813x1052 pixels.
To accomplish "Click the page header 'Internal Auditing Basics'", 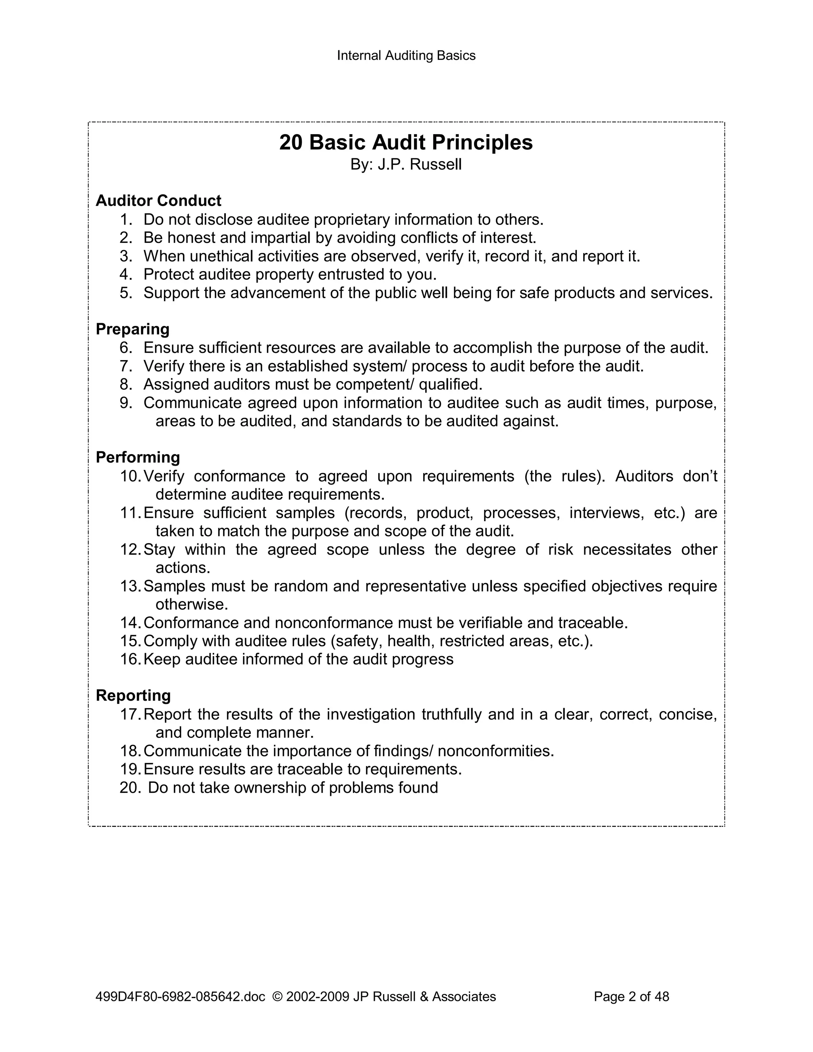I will pos(406,56).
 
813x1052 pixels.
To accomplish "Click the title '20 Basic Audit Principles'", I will pos(406,143).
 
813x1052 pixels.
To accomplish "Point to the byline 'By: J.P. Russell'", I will pos(406,165).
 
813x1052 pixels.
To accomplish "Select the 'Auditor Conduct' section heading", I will pos(158,200).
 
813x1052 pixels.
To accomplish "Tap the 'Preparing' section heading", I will pos(133,329).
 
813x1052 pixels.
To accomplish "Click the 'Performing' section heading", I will pos(138,457).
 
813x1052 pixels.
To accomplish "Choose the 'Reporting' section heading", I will pos(133,696).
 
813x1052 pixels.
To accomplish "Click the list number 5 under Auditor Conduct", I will pos(126,293).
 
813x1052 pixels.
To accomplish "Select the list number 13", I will pos(131,586).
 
